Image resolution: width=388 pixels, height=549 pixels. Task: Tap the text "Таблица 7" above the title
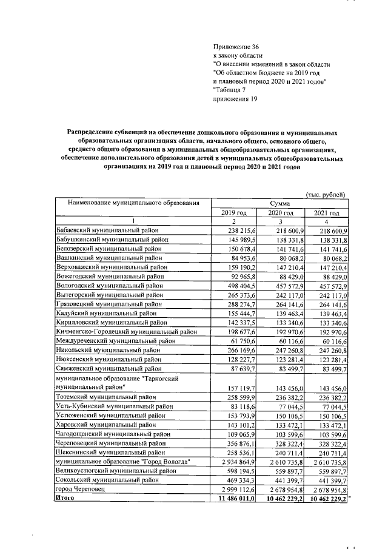232,89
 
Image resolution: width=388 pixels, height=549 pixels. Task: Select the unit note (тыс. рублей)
325,194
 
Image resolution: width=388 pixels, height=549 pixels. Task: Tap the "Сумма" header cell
279,203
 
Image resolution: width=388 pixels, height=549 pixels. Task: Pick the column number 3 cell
280,222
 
